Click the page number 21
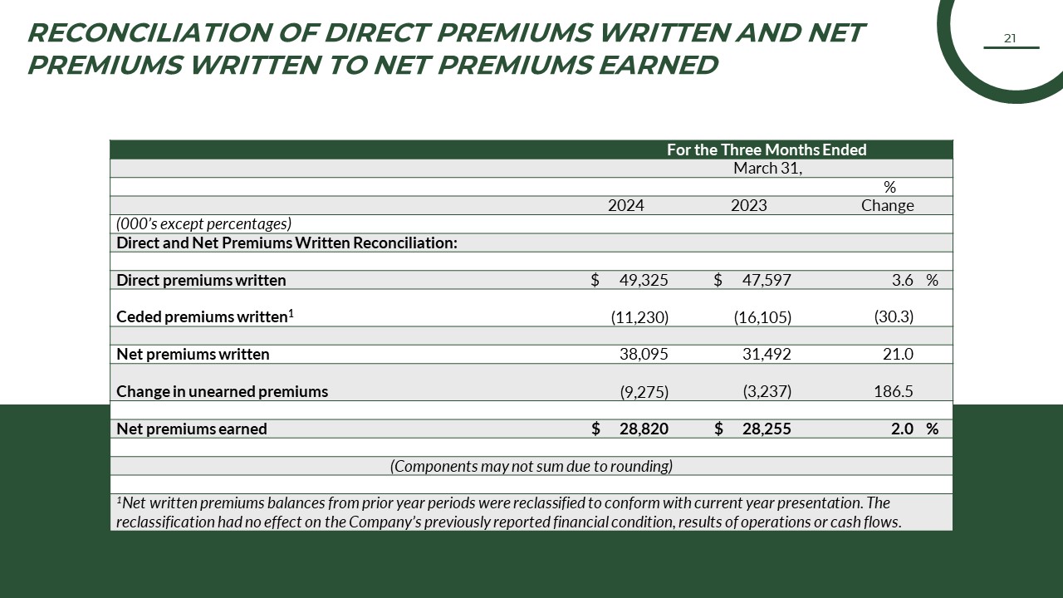tap(1010, 38)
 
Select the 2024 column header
tap(625, 206)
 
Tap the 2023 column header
tap(748, 206)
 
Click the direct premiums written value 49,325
tap(644, 281)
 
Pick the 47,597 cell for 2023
tap(767, 281)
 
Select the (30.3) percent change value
tap(894, 317)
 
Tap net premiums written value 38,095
tap(644, 355)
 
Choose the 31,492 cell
tap(767, 355)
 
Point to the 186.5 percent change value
tap(894, 391)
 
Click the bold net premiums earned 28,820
tap(644, 429)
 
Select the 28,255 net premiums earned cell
tap(767, 429)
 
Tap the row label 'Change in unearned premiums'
tap(222, 392)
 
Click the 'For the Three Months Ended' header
tap(767, 150)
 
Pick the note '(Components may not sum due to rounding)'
tap(531, 466)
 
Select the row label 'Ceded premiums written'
tap(202, 317)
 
